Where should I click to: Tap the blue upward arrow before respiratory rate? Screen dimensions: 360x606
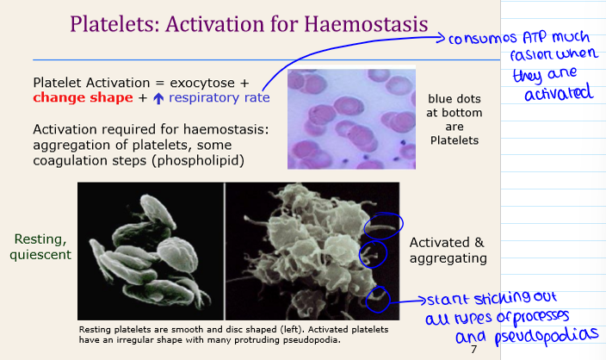[x=158, y=98]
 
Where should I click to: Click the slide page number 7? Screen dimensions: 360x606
[x=473, y=350]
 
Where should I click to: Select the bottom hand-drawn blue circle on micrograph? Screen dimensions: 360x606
[x=377, y=301]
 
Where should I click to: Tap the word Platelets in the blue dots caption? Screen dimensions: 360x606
[x=455, y=140]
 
